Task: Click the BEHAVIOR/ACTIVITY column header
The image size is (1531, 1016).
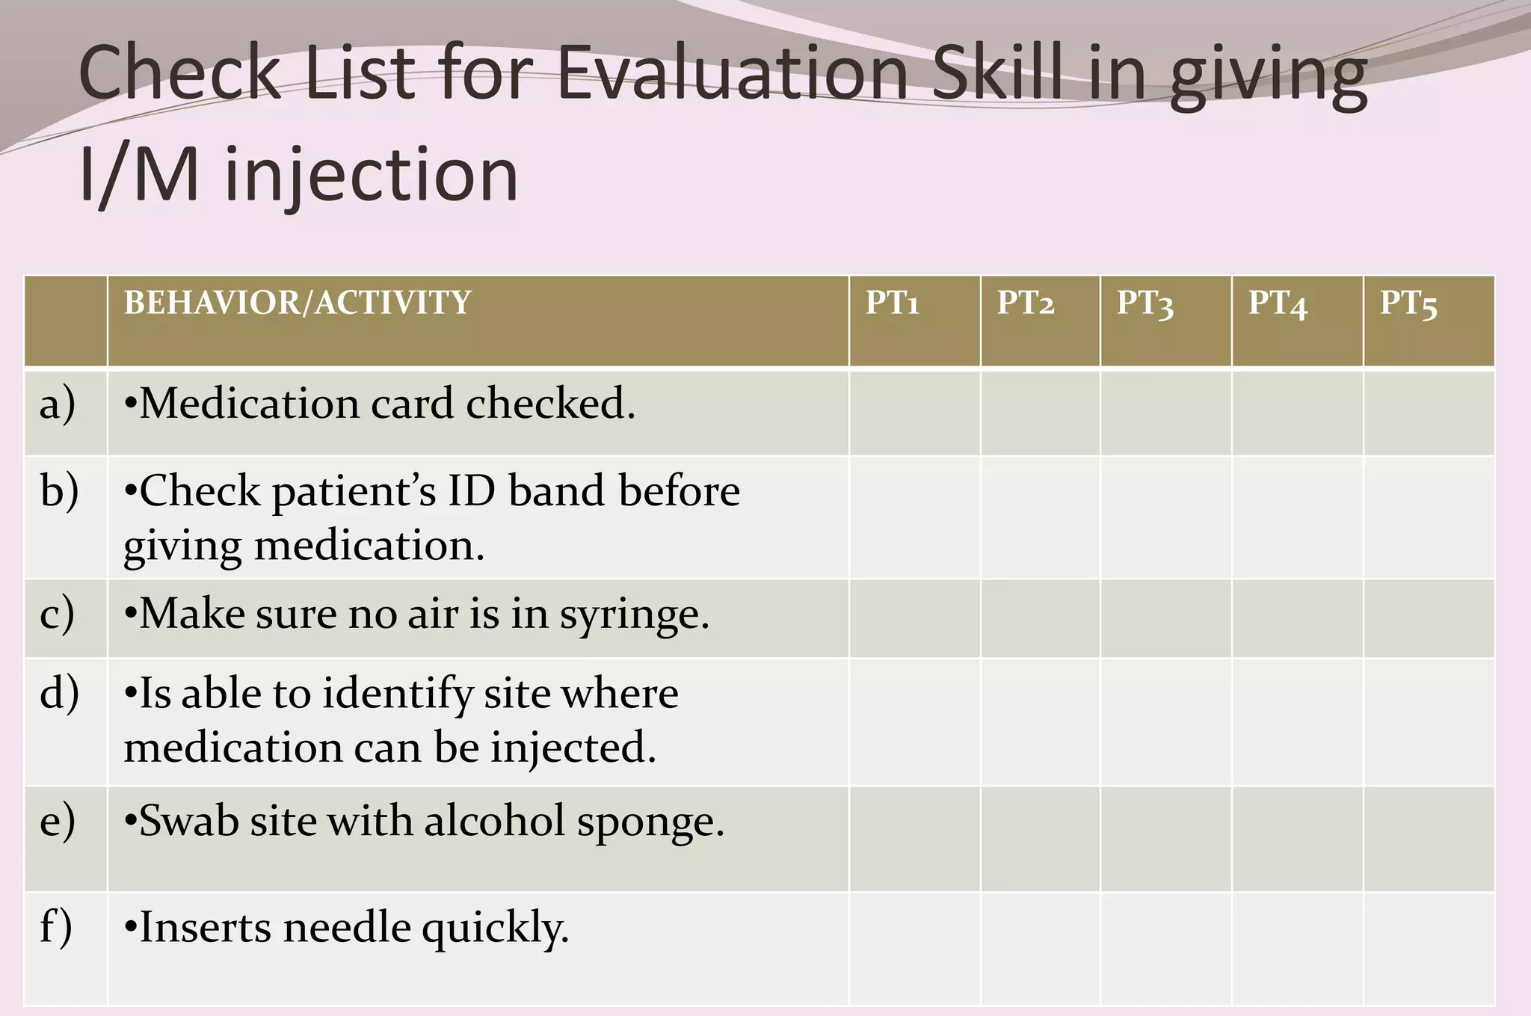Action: click(298, 303)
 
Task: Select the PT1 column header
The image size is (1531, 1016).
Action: click(892, 303)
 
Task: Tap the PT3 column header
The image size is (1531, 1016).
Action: click(1145, 304)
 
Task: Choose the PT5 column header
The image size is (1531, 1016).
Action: click(1408, 304)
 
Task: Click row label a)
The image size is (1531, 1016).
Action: click(58, 404)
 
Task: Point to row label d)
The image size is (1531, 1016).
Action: click(59, 693)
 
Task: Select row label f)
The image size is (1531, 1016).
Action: click(56, 928)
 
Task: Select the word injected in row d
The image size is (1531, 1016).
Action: click(573, 748)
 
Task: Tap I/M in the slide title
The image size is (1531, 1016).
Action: click(139, 175)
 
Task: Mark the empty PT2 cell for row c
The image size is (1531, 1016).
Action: click(1040, 618)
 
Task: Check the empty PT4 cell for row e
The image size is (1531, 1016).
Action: click(1297, 839)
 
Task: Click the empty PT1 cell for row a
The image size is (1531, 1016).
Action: click(914, 413)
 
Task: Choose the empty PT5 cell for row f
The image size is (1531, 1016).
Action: click(1429, 948)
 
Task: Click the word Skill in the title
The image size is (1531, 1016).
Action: click(997, 73)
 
